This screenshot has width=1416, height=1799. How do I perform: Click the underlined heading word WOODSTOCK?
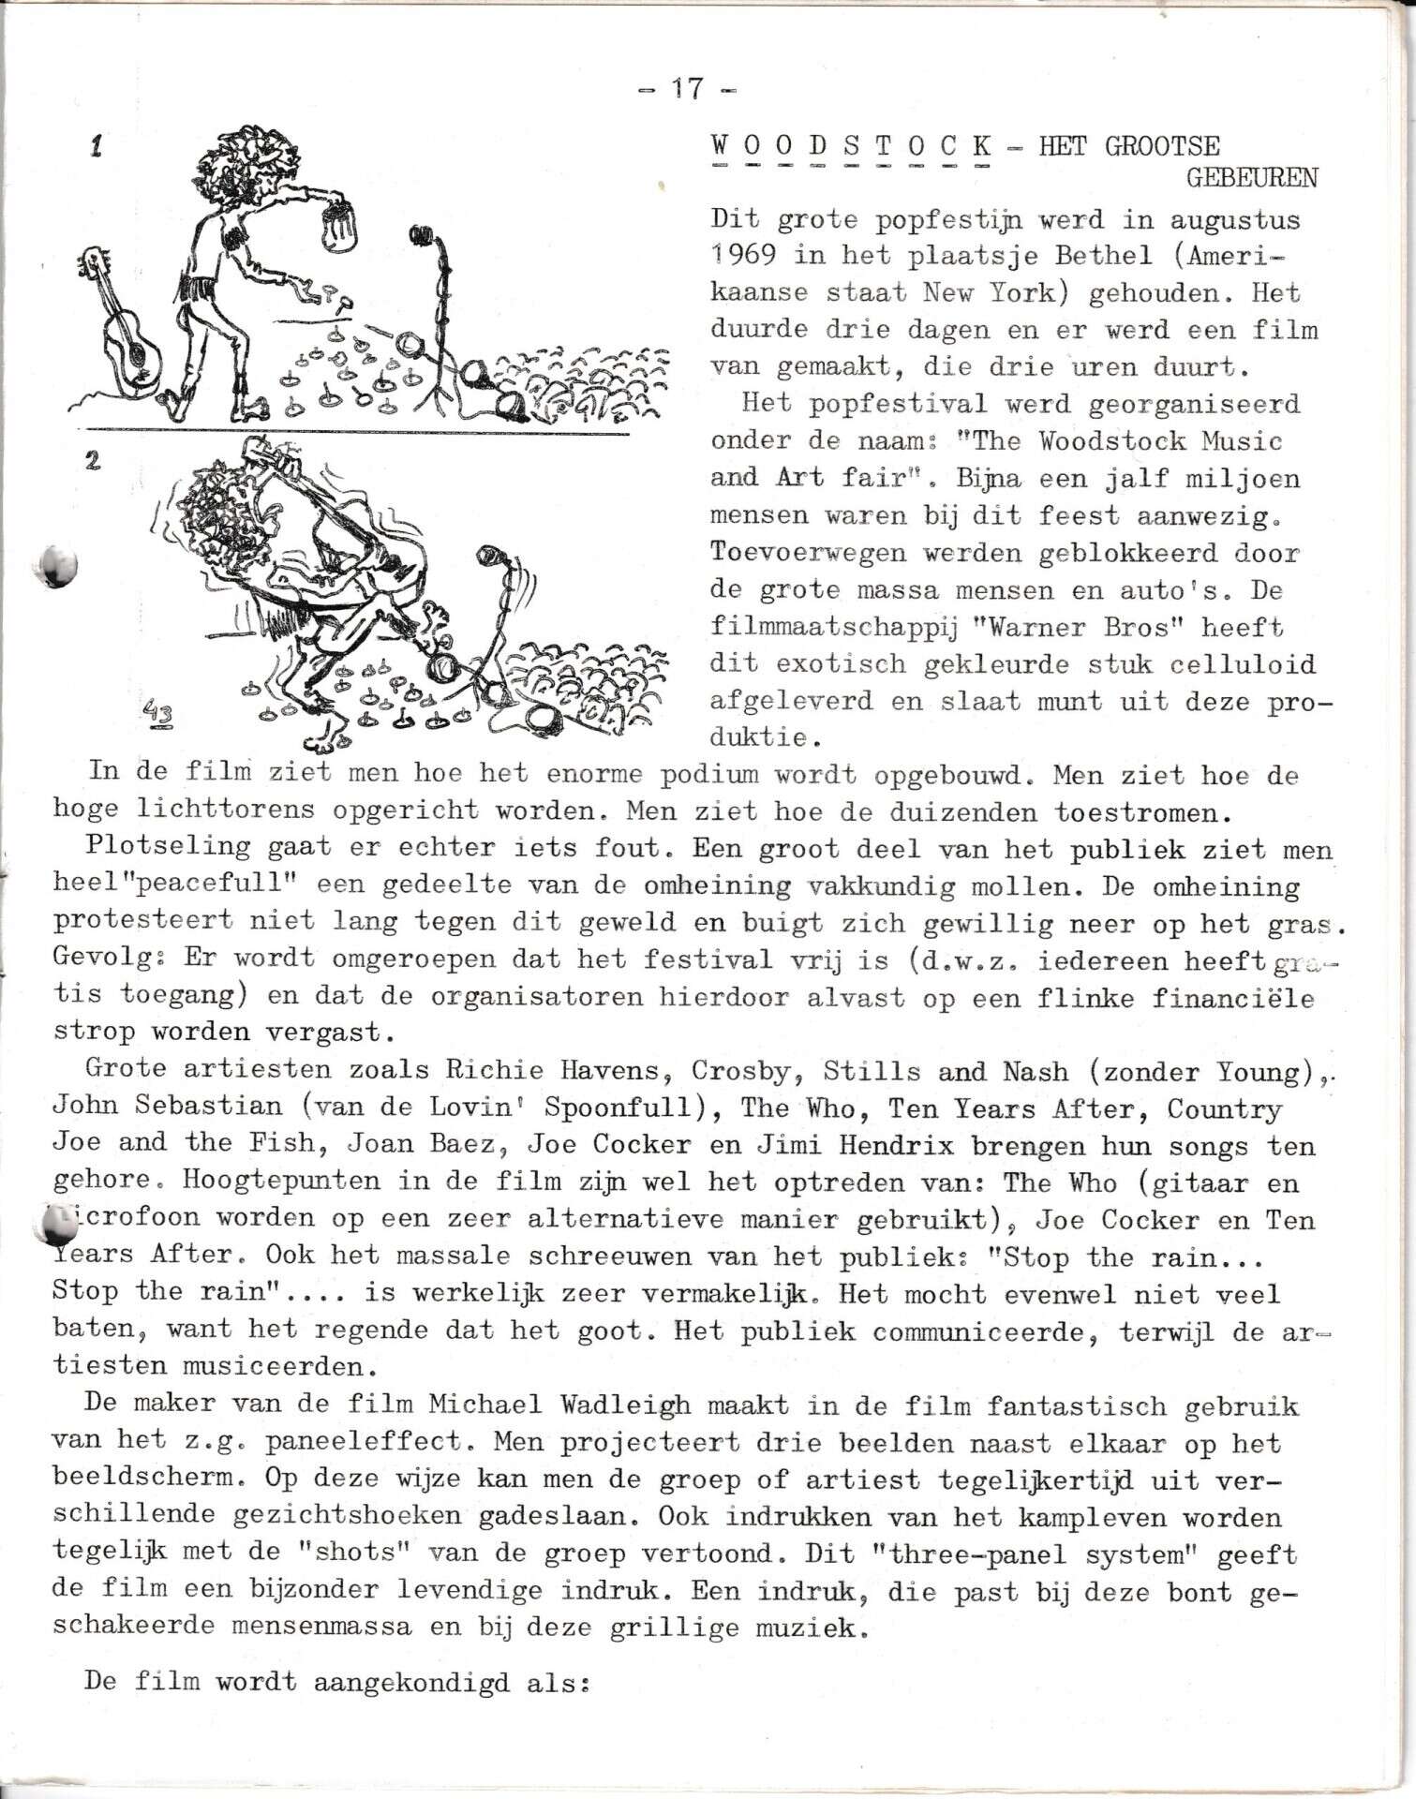[851, 146]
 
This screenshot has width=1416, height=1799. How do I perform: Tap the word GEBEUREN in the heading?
[1251, 178]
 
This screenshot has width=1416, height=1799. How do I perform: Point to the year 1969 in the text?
[742, 255]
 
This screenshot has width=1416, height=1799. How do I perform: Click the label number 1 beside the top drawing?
[96, 146]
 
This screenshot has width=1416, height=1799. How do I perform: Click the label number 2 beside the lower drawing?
[93, 460]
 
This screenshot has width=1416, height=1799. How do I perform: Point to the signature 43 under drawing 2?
[158, 714]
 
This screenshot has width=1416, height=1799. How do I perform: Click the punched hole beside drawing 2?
[56, 565]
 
